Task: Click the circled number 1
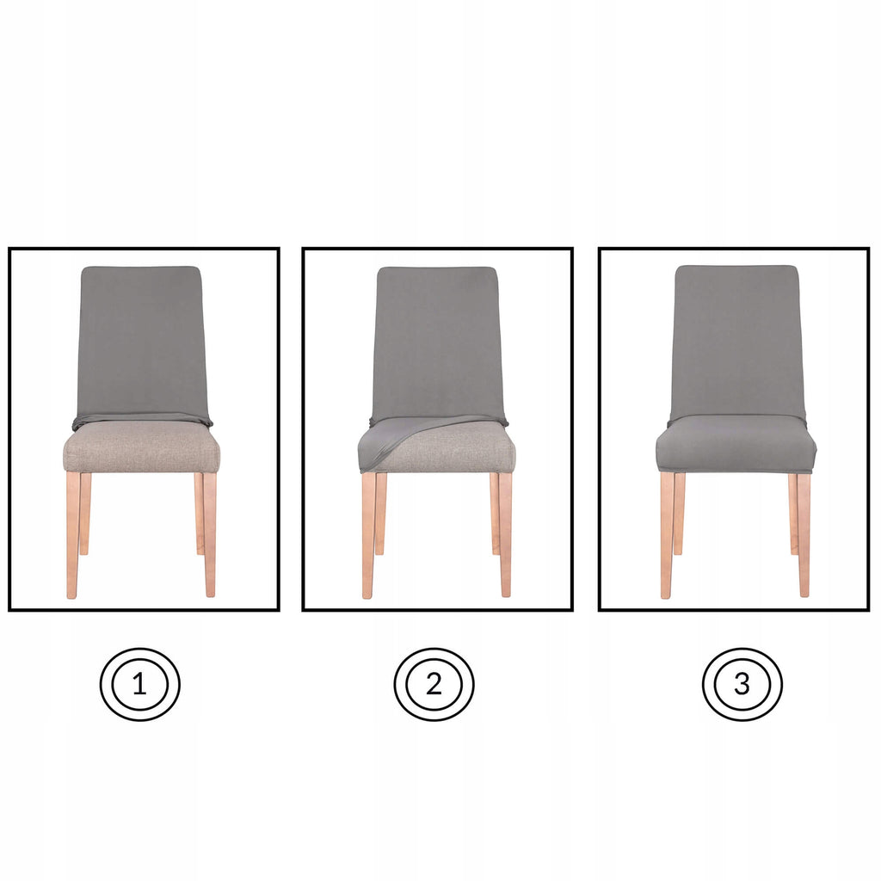139,685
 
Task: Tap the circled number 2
434,685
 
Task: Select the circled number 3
742,685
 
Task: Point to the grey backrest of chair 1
140,340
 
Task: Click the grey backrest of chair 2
437,340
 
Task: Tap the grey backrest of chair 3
736,340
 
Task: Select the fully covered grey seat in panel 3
736,443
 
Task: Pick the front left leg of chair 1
73,533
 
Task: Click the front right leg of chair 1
209,533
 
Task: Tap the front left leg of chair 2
368,533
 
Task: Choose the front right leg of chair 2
505,533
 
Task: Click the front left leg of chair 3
667,533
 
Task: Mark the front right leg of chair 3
804,533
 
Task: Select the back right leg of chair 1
199,512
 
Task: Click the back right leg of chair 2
495,512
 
